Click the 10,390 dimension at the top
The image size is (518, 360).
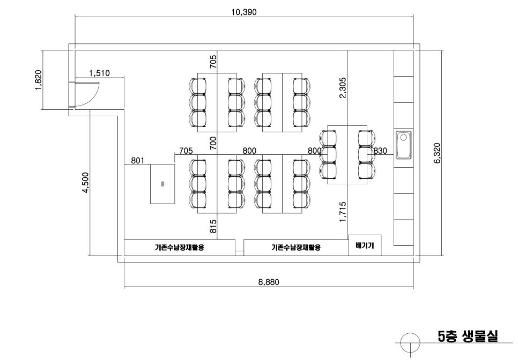244,12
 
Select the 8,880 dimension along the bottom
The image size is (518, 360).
268,282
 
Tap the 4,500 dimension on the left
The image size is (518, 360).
86,183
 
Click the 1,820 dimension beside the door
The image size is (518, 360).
38,80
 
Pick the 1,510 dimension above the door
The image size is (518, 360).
100,72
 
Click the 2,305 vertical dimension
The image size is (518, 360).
343,87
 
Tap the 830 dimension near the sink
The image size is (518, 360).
380,151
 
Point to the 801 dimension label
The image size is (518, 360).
138,160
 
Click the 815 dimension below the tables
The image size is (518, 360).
213,227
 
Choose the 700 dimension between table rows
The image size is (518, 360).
213,142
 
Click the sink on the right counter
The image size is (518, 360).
403,145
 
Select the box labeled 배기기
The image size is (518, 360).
365,245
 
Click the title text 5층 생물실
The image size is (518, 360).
468,336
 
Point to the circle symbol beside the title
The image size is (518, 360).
410,341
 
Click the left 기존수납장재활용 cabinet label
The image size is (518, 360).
179,248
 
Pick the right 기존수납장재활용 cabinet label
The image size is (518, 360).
296,248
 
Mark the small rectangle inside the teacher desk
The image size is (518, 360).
162,184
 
